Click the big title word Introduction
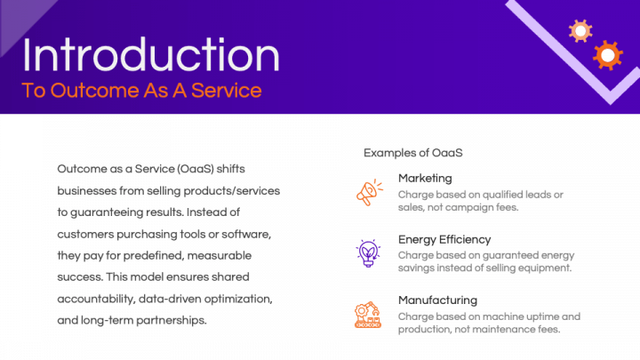coord(151,55)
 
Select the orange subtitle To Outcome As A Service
coord(141,91)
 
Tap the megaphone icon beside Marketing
coord(368,192)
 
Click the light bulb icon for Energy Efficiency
coord(368,253)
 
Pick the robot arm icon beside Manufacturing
coord(368,315)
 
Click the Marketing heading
coord(425,178)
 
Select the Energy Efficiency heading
coord(444,239)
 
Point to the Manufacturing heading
coord(437,300)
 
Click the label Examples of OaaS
coord(412,153)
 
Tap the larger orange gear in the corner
coord(607,55)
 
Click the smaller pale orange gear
coord(580,32)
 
